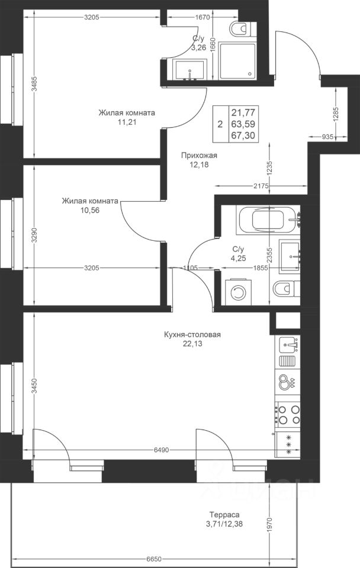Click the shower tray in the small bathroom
point(237,60)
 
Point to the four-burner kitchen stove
point(288,415)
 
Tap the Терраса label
point(224,514)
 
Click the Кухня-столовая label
point(192,334)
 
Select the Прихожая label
point(199,156)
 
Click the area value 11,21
point(127,122)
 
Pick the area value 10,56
point(90,210)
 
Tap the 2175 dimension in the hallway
point(261,186)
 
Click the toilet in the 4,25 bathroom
point(286,289)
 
